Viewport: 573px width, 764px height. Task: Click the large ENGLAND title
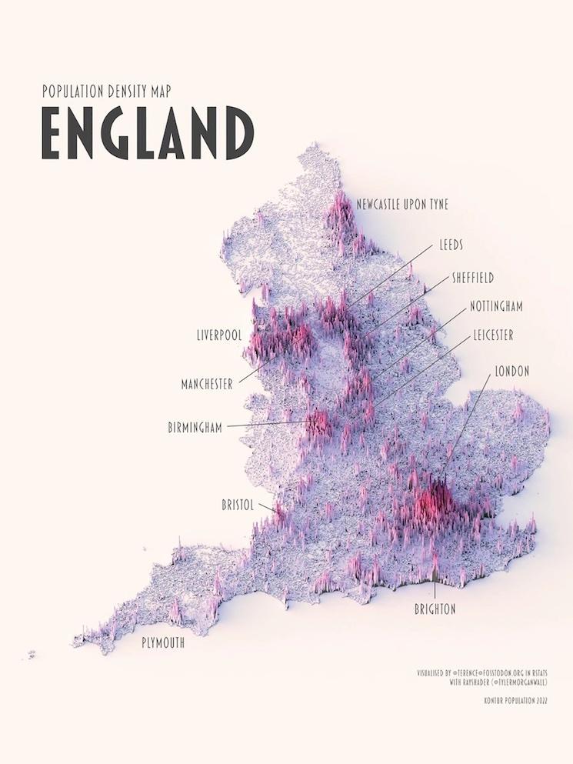[147, 134]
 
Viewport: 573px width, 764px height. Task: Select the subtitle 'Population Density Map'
[106, 92]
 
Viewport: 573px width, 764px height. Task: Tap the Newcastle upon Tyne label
[402, 204]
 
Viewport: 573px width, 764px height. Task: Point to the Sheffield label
[472, 277]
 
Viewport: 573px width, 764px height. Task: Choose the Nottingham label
[496, 306]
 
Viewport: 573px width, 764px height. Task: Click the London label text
[511, 371]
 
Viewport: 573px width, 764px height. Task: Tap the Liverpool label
[219, 336]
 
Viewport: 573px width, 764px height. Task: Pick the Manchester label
[207, 384]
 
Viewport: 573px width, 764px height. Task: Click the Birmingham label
[195, 427]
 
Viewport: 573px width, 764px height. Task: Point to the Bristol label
[238, 505]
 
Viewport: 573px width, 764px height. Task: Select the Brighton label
[435, 609]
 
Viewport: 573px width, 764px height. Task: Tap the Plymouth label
[163, 643]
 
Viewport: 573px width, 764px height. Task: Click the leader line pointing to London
[466, 431]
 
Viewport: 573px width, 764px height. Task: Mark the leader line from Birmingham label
[269, 423]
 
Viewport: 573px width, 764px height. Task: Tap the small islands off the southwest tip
[32, 655]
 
